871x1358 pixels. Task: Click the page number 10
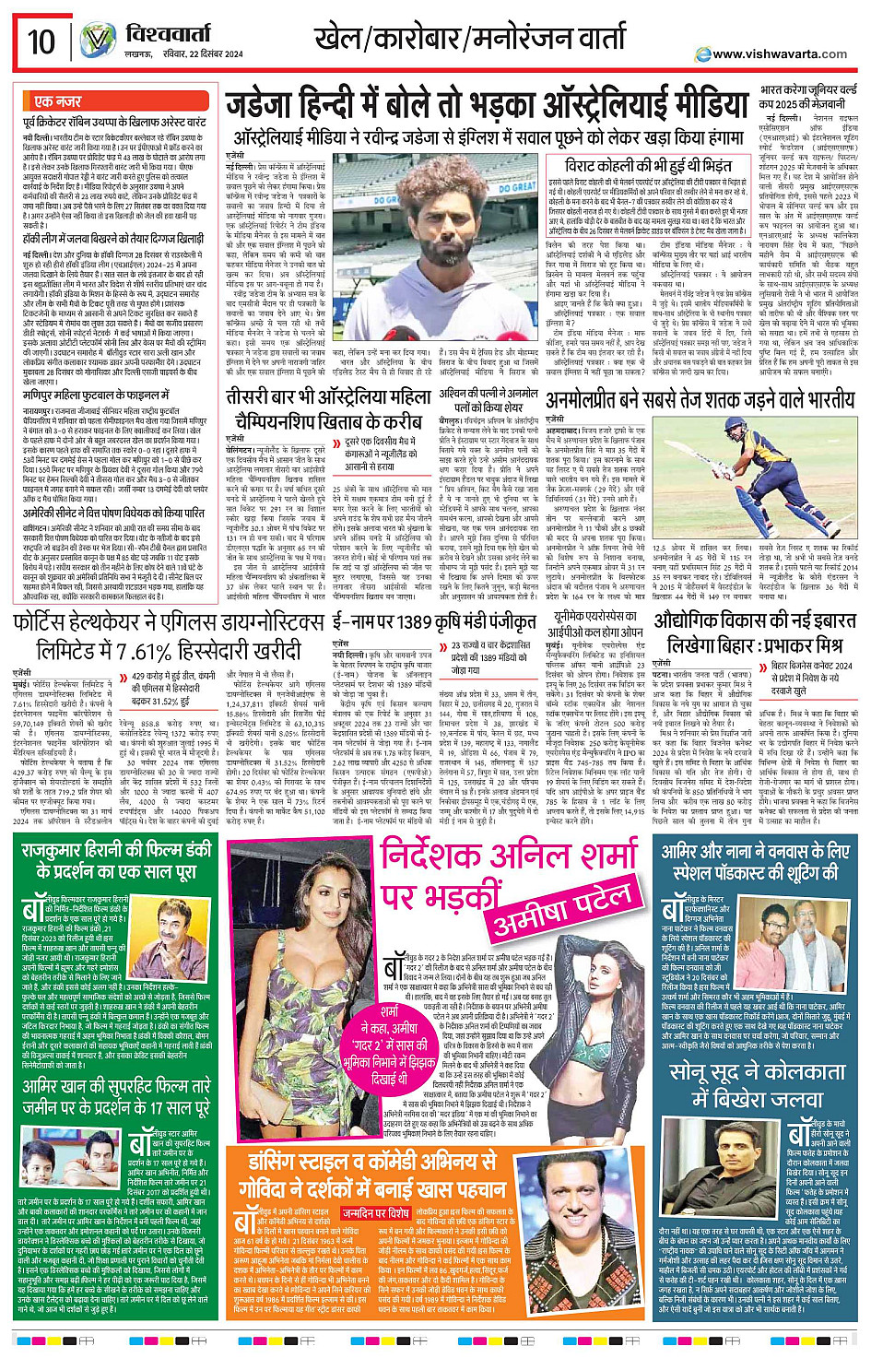point(41,41)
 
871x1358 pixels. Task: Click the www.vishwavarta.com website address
point(792,54)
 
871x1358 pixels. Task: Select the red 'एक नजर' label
point(57,100)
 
